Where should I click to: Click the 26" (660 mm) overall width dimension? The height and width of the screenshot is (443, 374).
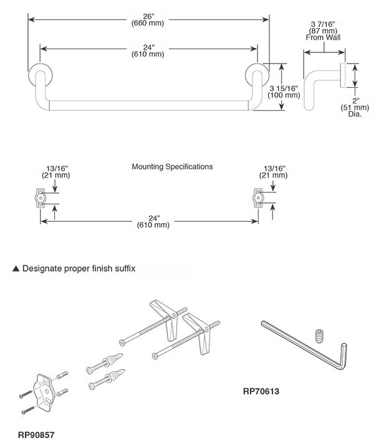[148, 20]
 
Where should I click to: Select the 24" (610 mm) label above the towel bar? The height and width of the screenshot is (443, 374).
[148, 50]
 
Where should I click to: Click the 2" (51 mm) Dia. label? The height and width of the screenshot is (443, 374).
[354, 108]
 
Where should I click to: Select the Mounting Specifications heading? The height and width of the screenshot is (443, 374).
[172, 167]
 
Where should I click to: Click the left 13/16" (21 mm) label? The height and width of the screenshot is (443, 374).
[57, 172]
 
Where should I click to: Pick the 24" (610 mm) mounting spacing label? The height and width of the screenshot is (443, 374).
[153, 221]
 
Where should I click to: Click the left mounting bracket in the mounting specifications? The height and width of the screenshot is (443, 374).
[39, 198]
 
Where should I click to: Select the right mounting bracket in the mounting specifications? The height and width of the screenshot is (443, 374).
[257, 198]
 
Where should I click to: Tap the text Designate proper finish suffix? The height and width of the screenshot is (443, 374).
[79, 269]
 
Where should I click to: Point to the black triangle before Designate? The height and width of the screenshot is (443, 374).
[16, 269]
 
